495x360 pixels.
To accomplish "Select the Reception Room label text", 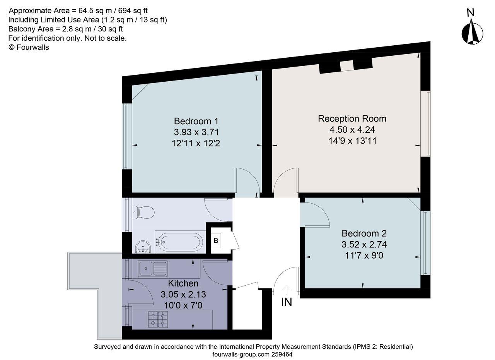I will [352, 118].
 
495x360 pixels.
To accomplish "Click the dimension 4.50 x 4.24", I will [352, 130].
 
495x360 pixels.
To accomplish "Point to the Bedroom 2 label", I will [364, 233].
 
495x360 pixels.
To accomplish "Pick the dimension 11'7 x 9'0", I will [364, 255].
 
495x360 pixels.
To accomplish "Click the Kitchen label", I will [183, 283].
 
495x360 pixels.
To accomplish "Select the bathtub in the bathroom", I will [179, 242].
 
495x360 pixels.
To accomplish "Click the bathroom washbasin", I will [143, 247].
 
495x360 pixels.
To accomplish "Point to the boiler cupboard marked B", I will [216, 241].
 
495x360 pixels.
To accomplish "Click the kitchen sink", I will [153, 268].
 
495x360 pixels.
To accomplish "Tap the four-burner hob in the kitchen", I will [157, 319].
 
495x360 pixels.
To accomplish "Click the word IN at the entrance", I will [286, 302].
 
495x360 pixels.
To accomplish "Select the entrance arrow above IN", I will [286, 289].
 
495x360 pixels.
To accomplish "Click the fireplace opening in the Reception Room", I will [347, 66].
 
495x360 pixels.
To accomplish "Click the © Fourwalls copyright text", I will [29, 47].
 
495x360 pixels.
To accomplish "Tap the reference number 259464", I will [284, 354].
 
